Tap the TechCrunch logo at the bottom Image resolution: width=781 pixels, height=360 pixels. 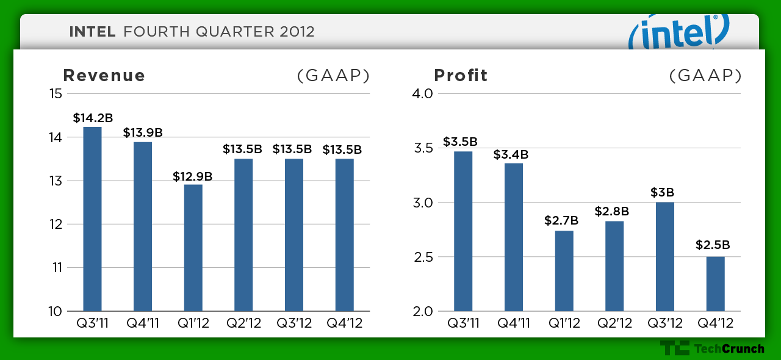(712, 348)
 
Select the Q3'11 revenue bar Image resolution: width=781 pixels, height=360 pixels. (92, 218)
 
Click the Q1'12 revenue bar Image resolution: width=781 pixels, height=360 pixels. (193, 248)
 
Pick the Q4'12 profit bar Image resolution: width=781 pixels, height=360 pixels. (716, 284)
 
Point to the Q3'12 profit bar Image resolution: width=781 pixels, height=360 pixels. (665, 256)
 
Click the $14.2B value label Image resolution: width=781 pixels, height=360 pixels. (93, 118)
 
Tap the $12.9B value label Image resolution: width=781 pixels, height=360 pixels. (192, 176)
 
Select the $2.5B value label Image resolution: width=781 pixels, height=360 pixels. (713, 245)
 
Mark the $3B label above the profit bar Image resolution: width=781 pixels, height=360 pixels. (662, 192)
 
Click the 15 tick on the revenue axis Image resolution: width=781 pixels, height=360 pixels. (56, 93)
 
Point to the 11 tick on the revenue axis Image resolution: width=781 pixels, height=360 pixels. (57, 267)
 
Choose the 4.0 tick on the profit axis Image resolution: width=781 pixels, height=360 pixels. (422, 93)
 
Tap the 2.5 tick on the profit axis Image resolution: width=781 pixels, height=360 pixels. (423, 257)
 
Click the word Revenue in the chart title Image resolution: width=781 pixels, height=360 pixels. (104, 75)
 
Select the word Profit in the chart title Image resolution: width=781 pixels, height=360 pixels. (461, 75)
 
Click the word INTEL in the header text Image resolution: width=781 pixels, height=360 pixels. (92, 32)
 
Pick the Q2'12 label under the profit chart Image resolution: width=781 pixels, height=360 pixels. (614, 323)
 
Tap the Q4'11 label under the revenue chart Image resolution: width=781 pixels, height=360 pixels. (143, 323)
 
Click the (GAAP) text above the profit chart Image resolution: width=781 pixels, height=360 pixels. (705, 76)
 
